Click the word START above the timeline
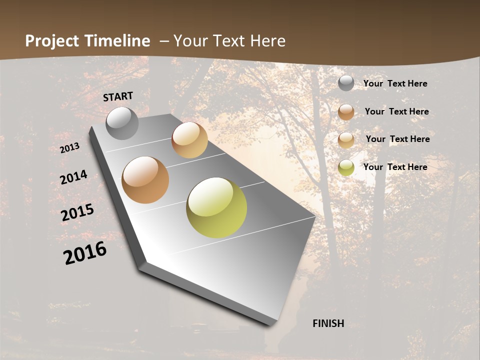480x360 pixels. pos(118,96)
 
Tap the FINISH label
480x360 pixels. pos(328,323)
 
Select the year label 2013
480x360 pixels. pos(69,148)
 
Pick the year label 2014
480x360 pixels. pos(73,177)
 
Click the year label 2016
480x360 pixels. pos(85,253)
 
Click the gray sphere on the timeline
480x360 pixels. pos(122,123)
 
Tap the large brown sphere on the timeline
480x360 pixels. pos(145,180)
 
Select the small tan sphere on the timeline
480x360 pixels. pos(189,140)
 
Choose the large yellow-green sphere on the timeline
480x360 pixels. pos(216,207)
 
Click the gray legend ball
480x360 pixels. pos(346,83)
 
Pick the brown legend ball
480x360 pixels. pos(346,112)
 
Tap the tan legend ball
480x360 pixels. pos(346,140)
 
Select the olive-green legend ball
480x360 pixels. pos(346,167)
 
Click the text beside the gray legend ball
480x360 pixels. pos(395,83)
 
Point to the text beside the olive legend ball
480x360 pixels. pos(395,167)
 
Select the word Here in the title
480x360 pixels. pos(267,41)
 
